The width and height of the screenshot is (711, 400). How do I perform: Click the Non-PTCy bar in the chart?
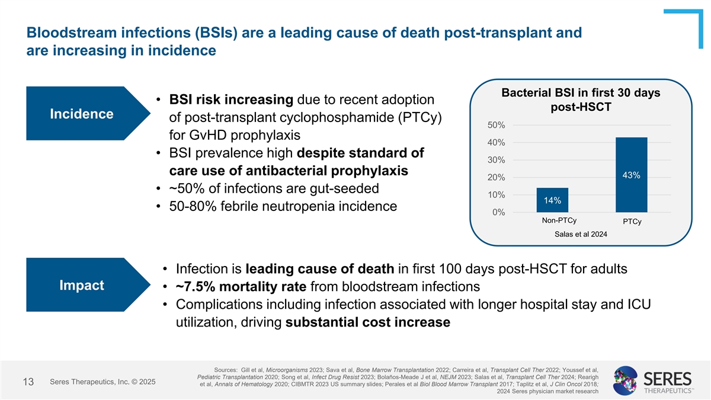[552, 200]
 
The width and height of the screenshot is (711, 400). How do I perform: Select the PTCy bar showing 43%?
[631, 174]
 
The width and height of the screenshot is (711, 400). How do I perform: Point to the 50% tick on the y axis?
[496, 125]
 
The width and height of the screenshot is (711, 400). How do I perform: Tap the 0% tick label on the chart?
[498, 212]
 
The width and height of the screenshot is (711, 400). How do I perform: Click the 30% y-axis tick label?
[496, 160]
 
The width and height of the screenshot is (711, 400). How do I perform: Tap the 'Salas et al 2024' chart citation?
[581, 233]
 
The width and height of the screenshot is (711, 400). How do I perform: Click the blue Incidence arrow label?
[82, 114]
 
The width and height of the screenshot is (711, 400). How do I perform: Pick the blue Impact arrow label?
[82, 285]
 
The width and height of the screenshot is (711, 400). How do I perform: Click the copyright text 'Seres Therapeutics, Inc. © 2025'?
[103, 382]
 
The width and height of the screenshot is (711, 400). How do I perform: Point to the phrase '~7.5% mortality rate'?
[239, 287]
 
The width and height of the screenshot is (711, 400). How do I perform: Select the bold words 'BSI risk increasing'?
[232, 98]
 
